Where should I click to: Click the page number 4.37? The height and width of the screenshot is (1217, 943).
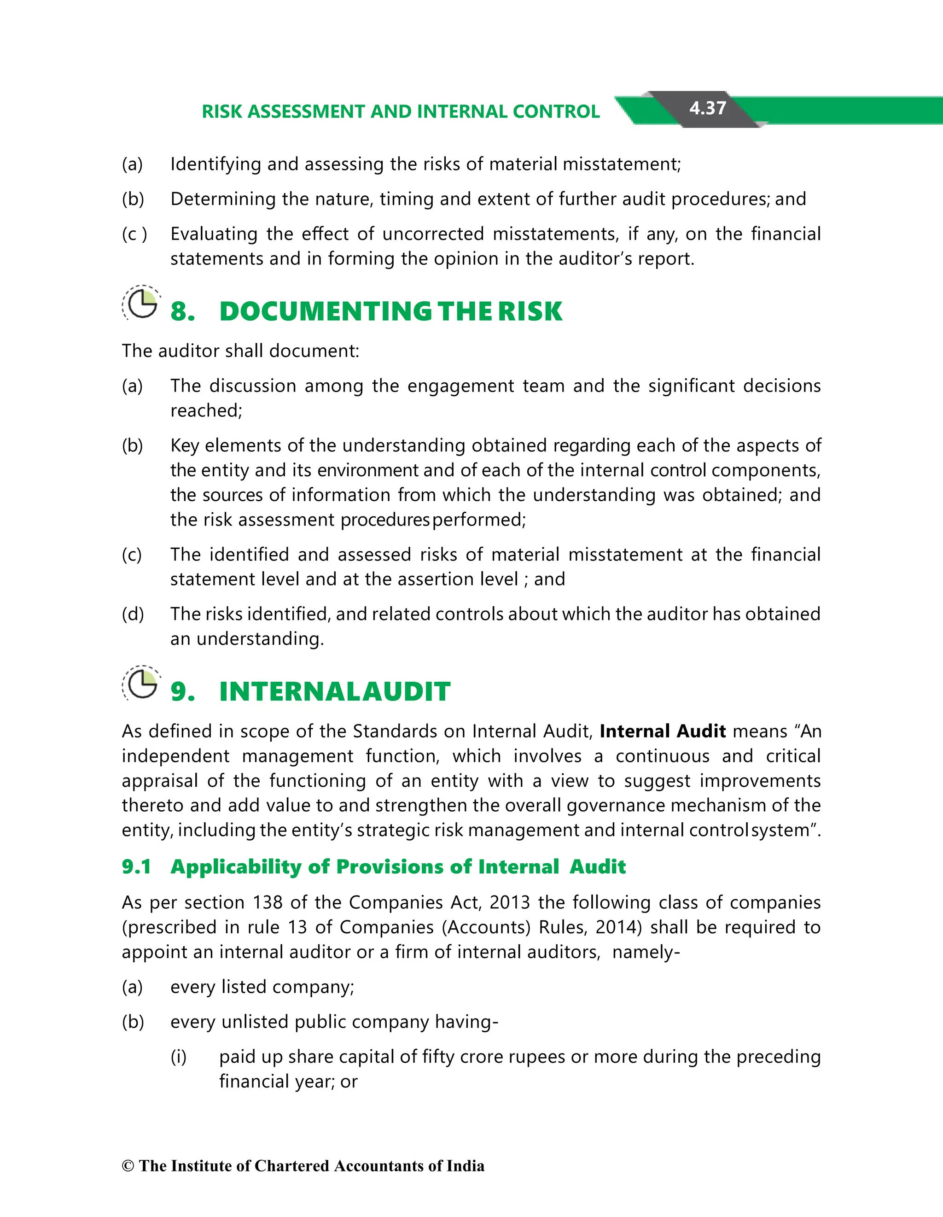click(707, 108)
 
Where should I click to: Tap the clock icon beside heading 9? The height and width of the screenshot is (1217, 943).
click(141, 684)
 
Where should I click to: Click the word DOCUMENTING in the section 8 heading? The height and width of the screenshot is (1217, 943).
click(325, 311)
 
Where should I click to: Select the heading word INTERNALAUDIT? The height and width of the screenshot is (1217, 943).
click(334, 691)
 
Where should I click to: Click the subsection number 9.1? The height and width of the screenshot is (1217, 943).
click(136, 866)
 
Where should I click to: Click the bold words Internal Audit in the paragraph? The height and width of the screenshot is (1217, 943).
click(662, 731)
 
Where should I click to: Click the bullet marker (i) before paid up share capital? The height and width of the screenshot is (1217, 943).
click(178, 1057)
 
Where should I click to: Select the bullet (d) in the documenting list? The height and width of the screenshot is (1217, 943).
click(133, 614)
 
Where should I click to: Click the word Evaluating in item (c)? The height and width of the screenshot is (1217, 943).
click(214, 234)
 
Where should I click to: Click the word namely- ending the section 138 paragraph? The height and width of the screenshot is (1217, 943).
click(646, 952)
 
